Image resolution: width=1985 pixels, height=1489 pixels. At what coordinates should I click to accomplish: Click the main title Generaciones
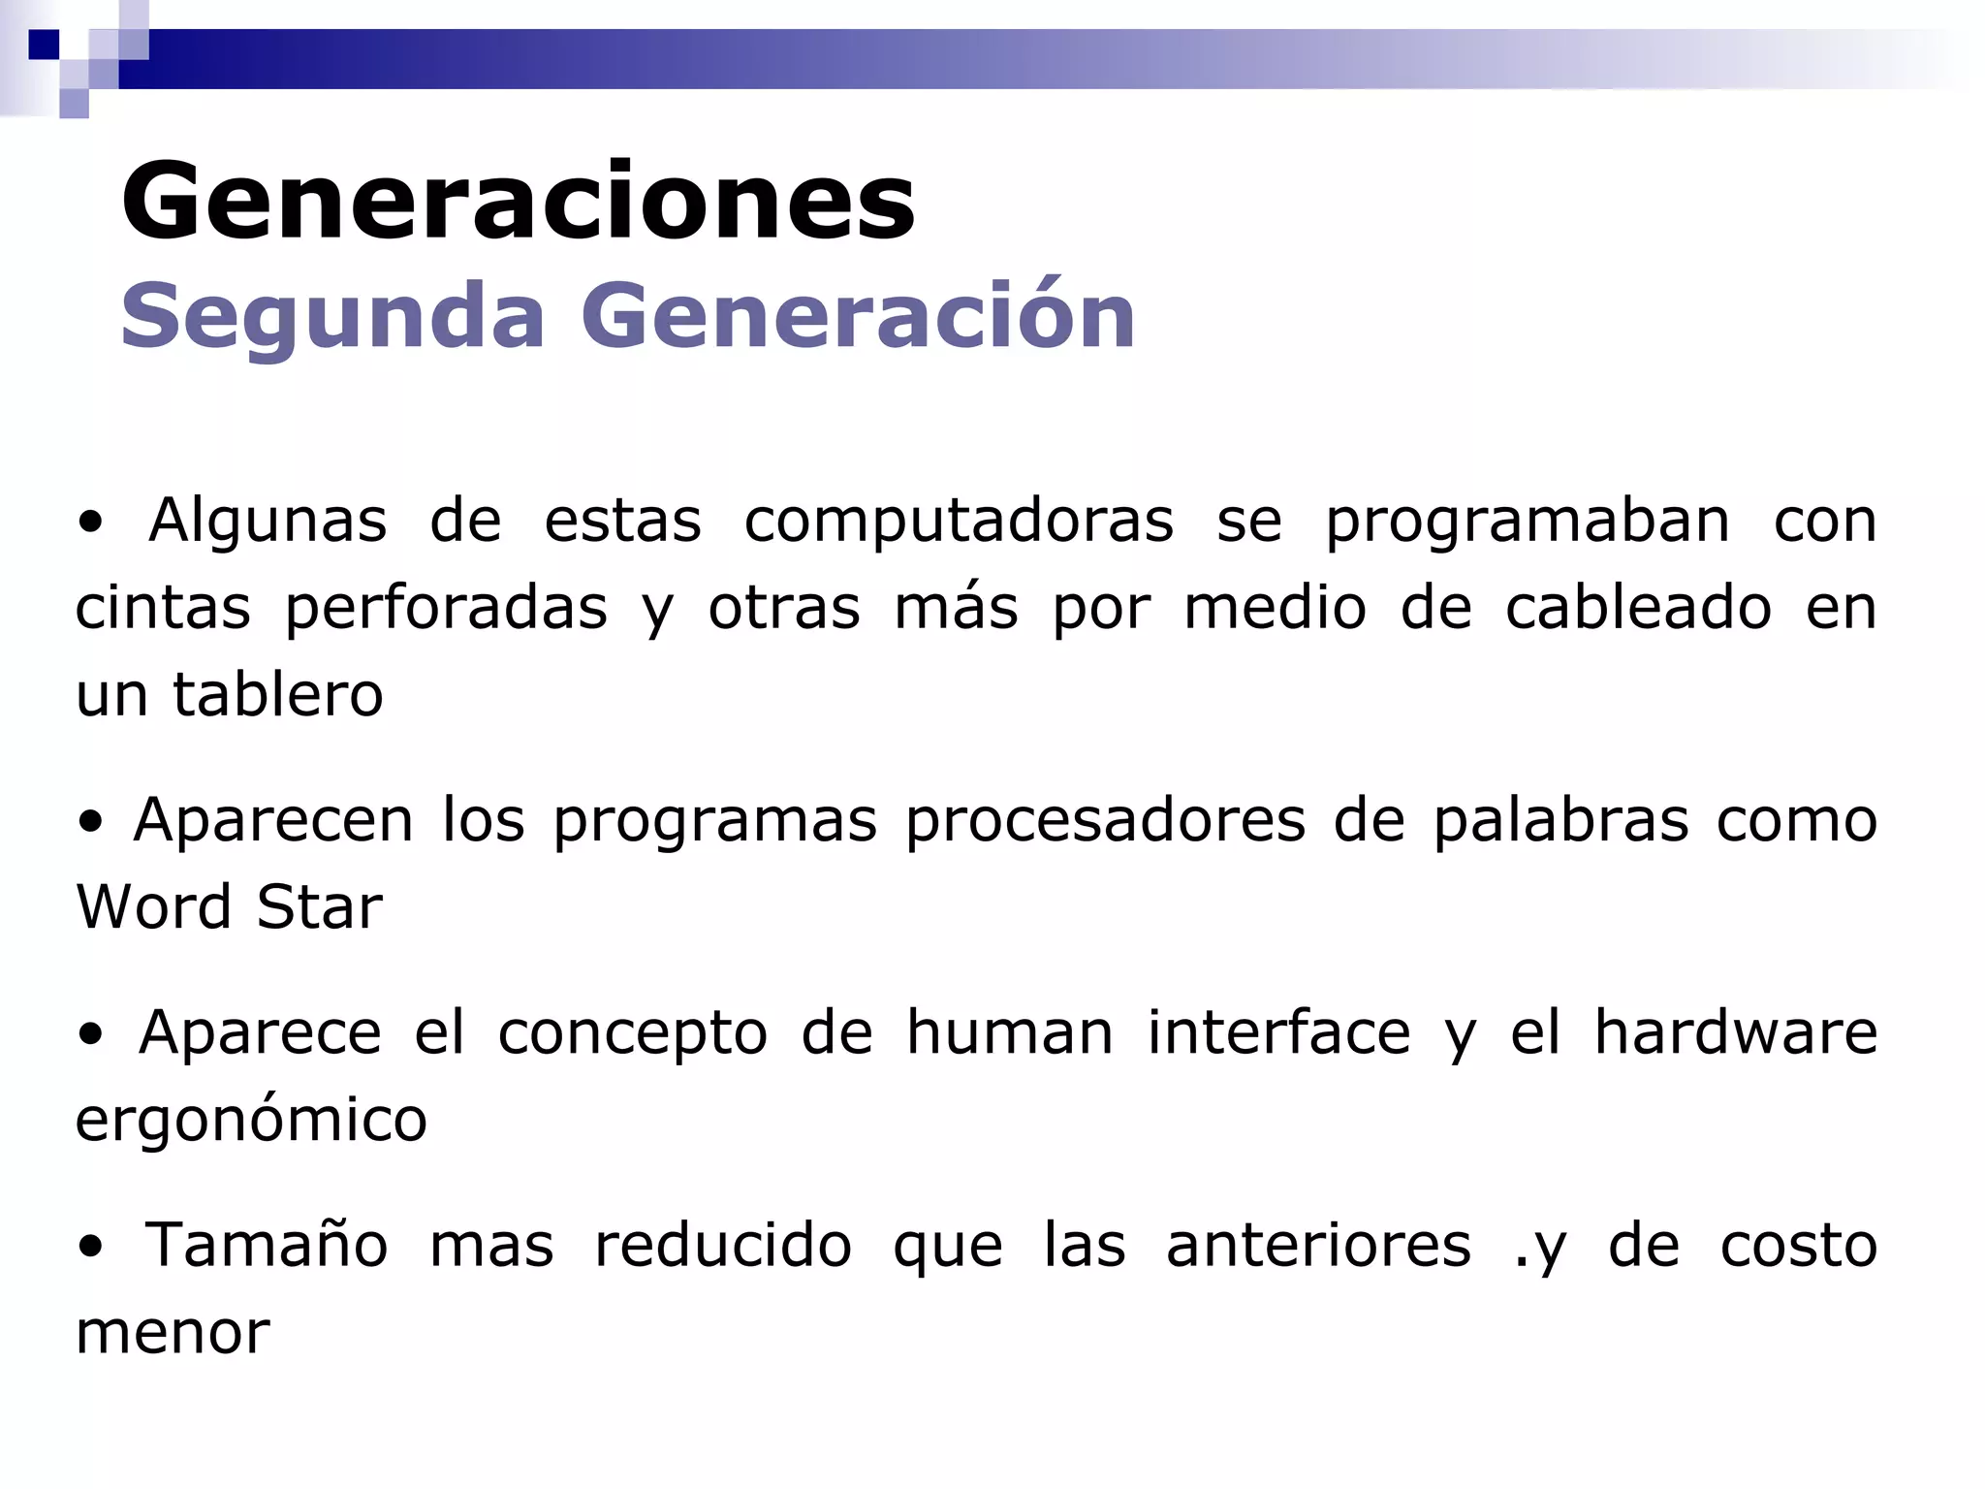point(518,202)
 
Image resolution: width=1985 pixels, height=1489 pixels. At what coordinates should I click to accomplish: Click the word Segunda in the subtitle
point(332,316)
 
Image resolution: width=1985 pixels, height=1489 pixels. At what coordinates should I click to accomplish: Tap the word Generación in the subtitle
point(858,316)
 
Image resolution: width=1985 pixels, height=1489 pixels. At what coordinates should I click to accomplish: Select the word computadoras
point(959,522)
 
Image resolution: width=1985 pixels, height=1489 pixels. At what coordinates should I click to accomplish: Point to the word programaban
point(1527,522)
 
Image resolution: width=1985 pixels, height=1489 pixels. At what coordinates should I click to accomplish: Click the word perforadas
point(446,609)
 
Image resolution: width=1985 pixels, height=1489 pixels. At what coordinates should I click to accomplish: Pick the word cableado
point(1637,609)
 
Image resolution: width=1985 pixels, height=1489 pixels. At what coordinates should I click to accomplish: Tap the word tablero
point(278,695)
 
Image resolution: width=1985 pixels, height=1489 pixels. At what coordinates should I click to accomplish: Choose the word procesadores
point(1105,821)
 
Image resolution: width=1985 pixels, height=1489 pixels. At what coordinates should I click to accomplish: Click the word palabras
point(1560,821)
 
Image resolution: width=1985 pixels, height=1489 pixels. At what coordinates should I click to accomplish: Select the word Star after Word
point(319,907)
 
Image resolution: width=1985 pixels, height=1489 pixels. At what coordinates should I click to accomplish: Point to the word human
point(1009,1032)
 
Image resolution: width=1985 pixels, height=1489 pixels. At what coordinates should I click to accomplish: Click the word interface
point(1278,1032)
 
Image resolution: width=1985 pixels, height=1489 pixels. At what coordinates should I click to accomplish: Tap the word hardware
point(1735,1032)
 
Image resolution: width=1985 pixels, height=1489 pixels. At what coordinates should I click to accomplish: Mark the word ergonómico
point(251,1121)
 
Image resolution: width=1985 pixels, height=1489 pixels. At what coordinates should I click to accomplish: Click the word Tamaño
point(267,1246)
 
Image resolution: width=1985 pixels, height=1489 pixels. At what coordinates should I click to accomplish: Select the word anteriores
point(1318,1246)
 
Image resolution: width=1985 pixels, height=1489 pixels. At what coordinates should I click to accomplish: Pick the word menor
point(173,1333)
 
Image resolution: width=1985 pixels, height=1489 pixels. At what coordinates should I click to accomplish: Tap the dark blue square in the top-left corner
point(44,45)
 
